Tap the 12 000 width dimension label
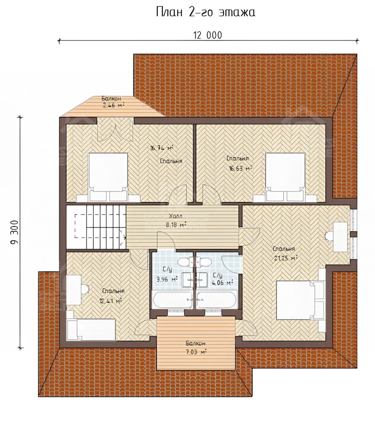click(x=208, y=35)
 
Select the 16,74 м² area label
click(x=161, y=148)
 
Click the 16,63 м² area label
click(x=241, y=168)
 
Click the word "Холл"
click(x=176, y=216)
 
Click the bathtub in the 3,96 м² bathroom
click(x=173, y=300)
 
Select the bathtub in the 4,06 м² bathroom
click(x=217, y=300)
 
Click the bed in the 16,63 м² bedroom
click(x=285, y=177)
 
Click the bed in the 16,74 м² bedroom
click(x=108, y=177)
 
